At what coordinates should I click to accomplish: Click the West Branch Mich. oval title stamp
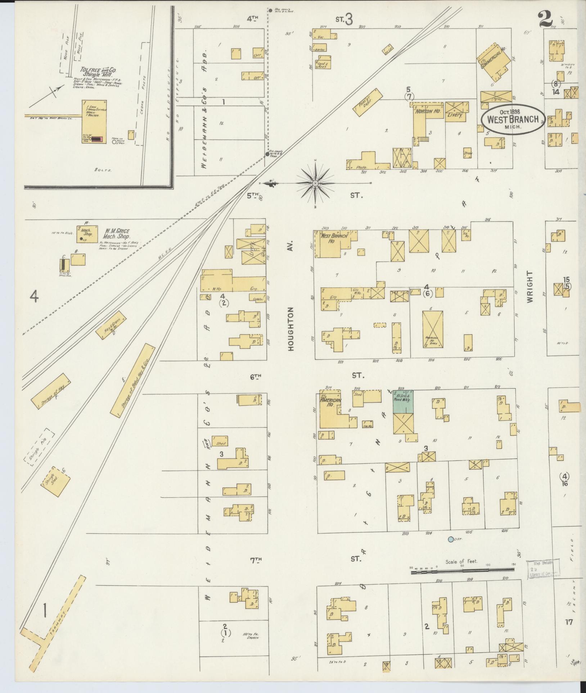coord(513,120)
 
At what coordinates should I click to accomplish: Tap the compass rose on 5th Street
coord(315,183)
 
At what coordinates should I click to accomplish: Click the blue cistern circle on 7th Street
coord(450,549)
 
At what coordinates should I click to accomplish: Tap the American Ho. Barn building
coord(432,329)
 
